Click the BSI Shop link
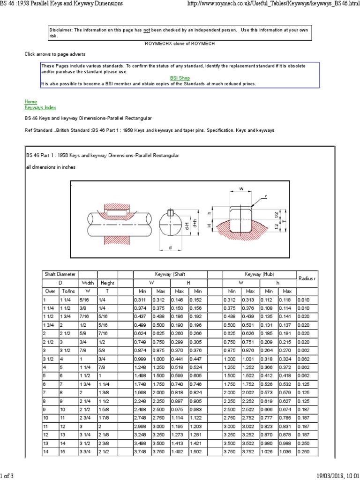pos(180,78)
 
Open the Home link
pos(30,102)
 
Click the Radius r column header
pos(307,278)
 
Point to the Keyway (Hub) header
pos(259,274)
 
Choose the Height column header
pos(107,283)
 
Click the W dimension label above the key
pos(242,189)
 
